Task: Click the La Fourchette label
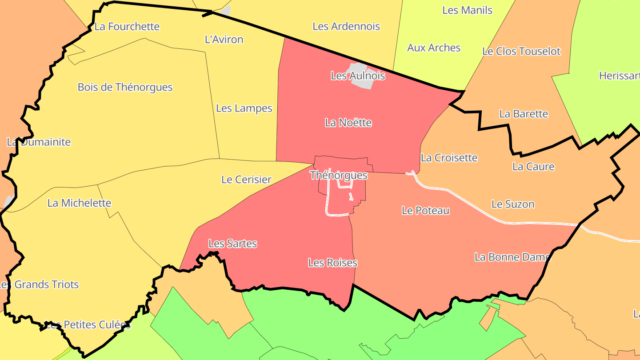(x=127, y=26)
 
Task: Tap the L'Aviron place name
(x=224, y=40)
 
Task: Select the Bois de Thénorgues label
(x=125, y=87)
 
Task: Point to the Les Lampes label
(x=244, y=108)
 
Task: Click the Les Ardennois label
(x=346, y=26)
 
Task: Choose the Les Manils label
(x=467, y=10)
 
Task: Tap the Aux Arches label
(x=434, y=48)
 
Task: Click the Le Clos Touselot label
(x=521, y=52)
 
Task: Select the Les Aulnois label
(x=358, y=76)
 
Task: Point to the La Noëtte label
(x=348, y=123)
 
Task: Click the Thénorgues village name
(x=339, y=175)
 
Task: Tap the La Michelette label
(x=79, y=203)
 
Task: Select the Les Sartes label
(x=232, y=244)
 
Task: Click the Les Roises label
(x=332, y=263)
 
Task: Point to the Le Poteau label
(x=425, y=211)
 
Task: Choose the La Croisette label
(x=449, y=158)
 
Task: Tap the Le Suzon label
(x=512, y=204)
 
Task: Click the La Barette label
(x=524, y=114)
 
